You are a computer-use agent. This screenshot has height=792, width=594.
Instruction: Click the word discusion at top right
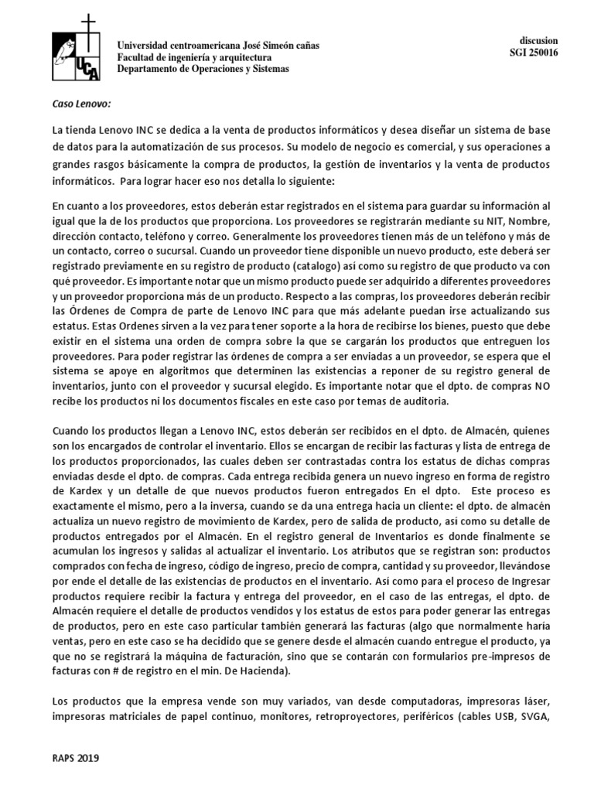click(x=538, y=40)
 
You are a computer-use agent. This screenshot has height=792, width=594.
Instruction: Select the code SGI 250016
click(x=534, y=53)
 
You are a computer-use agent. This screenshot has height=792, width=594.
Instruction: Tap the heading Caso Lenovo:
click(x=82, y=104)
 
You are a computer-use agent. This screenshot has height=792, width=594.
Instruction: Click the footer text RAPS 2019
click(x=76, y=759)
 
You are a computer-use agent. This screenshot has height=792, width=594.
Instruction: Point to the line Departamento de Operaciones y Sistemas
click(x=203, y=68)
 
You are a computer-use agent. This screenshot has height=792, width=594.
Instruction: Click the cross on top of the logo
click(x=91, y=22)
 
